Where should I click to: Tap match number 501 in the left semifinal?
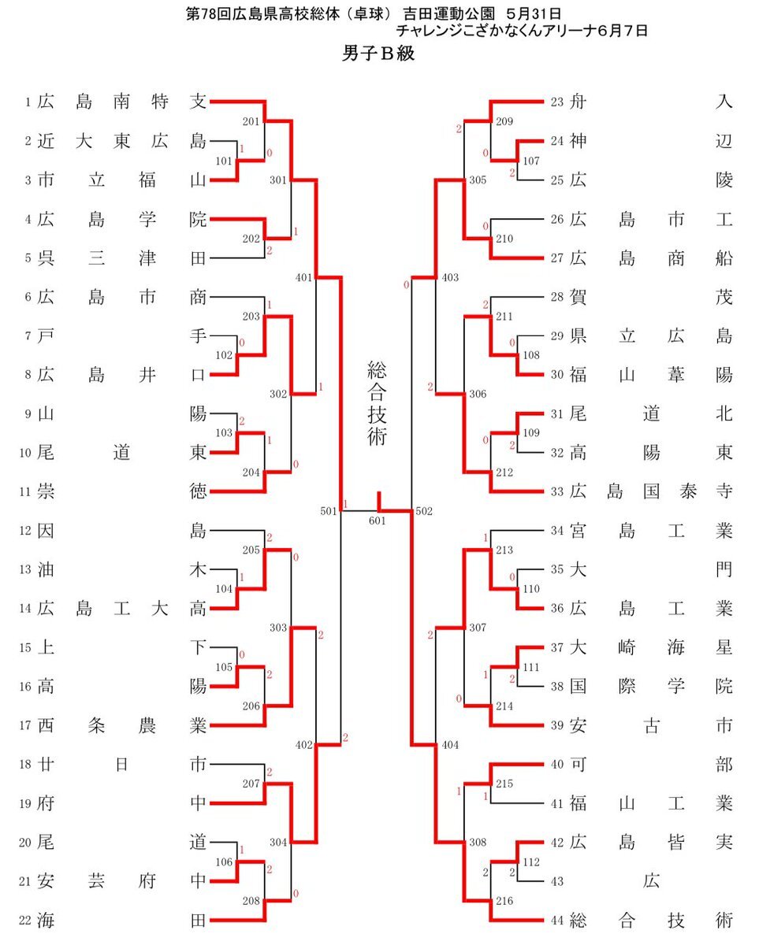[329, 511]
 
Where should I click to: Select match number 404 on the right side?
[450, 744]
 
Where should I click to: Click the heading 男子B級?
[378, 54]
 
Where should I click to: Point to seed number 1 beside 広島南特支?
[28, 102]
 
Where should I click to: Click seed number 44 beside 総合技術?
[557, 920]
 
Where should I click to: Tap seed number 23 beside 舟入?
[557, 102]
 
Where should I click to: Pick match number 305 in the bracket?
[477, 180]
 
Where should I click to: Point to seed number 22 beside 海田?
[26, 920]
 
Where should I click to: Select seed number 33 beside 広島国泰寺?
[557, 492]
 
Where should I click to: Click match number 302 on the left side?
[278, 394]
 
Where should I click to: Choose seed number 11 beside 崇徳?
[26, 492]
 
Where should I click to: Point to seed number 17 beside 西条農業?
[26, 725]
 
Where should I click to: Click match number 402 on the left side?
[303, 744]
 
